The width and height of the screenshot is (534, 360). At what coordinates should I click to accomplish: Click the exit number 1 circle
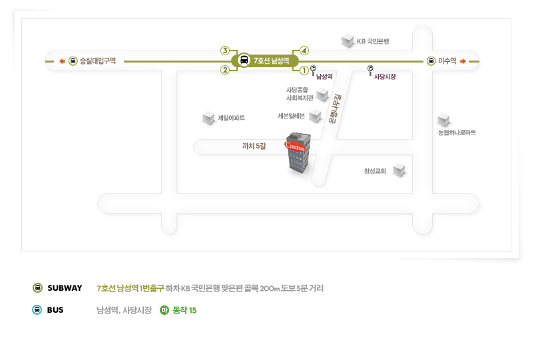point(304,71)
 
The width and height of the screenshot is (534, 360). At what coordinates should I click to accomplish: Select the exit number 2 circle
point(225,70)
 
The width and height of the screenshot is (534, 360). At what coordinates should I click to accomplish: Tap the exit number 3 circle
point(225,51)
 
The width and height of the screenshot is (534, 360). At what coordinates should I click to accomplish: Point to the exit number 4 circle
point(304,51)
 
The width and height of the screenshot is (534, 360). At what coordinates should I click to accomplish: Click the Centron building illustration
point(298,152)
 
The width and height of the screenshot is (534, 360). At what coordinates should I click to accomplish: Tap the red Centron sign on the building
point(295,146)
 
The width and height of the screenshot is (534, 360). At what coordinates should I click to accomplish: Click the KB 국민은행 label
point(373,41)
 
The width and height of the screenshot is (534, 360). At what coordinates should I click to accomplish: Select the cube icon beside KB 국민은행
point(348,41)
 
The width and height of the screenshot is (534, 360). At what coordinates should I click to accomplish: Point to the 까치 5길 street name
point(254,146)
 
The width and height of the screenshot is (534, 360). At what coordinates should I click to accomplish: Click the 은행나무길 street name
point(335,109)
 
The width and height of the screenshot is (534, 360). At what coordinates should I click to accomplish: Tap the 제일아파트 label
point(232,118)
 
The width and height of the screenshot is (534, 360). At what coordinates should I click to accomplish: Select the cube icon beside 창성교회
point(399,170)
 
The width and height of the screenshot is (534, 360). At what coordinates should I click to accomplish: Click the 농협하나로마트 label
point(457,132)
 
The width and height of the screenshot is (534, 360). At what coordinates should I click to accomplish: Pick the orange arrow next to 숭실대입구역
point(62,61)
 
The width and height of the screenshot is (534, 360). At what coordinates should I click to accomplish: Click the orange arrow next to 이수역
point(463,61)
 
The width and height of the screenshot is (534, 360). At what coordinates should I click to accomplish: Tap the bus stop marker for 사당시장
point(370,71)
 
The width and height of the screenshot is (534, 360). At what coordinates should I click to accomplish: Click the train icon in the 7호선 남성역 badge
point(244,61)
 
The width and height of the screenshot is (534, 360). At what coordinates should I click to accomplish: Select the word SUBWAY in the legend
point(65,288)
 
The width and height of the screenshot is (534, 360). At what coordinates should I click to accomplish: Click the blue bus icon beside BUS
point(37,310)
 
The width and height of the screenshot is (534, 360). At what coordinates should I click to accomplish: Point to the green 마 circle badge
point(164,310)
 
